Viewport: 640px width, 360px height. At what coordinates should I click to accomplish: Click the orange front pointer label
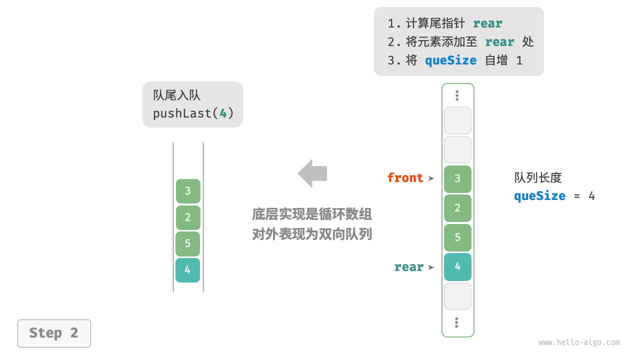pos(405,178)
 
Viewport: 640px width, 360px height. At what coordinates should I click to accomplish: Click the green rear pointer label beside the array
pos(408,267)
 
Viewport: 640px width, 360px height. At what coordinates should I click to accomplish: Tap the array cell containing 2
pos(457,208)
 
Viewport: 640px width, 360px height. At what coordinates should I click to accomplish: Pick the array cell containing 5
pos(457,237)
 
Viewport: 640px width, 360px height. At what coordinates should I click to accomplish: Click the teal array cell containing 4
pos(457,266)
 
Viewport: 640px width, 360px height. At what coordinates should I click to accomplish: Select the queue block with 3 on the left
pos(187,191)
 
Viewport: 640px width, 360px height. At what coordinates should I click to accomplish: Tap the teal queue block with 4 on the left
pos(187,270)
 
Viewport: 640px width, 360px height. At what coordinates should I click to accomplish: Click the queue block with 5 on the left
pos(187,243)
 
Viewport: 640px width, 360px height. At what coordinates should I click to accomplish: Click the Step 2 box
pos(54,333)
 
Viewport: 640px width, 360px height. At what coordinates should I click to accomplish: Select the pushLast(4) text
pos(193,113)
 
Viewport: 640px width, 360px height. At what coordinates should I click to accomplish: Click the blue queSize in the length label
pos(539,196)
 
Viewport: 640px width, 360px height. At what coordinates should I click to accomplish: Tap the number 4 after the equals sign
pos(591,196)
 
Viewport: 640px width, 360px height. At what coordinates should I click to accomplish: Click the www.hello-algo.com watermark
pos(579,342)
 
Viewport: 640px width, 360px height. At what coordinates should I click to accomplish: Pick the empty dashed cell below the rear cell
pos(457,296)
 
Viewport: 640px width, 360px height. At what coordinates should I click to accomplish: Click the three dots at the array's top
pos(457,95)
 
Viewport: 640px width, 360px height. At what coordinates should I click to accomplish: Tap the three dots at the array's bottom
pos(456,322)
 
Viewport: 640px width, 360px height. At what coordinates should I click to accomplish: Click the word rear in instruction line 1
pos(487,23)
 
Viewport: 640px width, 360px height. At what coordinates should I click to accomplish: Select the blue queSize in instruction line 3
pos(450,60)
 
